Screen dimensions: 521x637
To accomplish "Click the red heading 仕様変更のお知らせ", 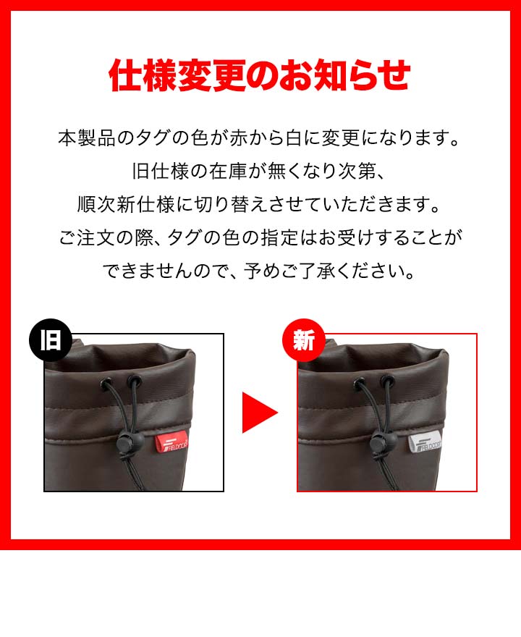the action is (260, 75).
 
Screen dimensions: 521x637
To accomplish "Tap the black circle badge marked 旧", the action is (51, 339).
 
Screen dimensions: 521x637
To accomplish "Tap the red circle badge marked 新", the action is (304, 339).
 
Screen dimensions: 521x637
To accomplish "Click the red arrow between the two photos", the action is (260, 413).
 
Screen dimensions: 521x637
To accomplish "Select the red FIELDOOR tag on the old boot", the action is (172, 444).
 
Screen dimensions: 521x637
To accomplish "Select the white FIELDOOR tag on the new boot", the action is (425, 444).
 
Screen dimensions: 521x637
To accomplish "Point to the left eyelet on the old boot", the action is (107, 383).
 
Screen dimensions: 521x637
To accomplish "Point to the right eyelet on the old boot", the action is (135, 381).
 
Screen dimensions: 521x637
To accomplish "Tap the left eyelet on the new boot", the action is (360, 383).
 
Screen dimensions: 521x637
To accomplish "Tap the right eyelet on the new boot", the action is (388, 381).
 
